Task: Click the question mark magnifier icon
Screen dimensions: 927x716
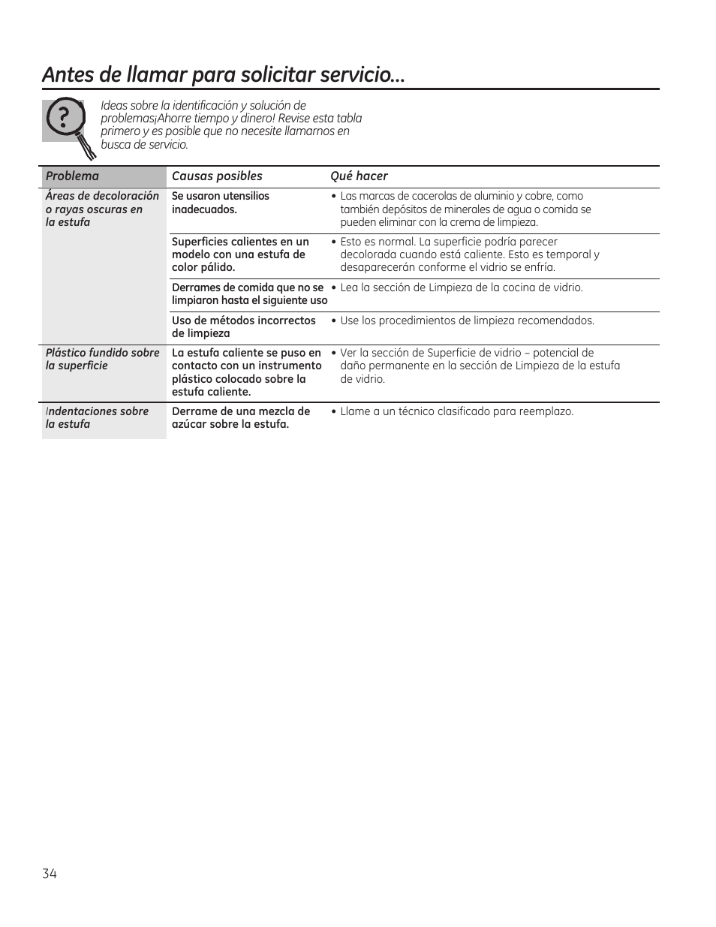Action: [x=68, y=124]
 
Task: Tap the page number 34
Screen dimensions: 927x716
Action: [x=50, y=873]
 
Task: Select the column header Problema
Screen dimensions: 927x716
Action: [x=72, y=176]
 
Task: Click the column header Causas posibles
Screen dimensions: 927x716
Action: [x=217, y=176]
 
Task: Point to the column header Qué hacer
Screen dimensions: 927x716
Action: [x=359, y=176]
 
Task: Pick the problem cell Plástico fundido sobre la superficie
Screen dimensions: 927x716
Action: [x=102, y=360]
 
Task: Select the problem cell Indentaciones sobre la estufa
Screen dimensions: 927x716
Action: [x=97, y=418]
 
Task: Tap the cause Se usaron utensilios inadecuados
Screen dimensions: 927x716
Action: [x=221, y=203]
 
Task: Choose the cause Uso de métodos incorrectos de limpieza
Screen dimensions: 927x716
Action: [x=244, y=327]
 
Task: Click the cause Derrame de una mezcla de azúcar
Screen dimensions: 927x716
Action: [x=241, y=418]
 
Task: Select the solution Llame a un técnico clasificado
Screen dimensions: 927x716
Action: [x=456, y=412]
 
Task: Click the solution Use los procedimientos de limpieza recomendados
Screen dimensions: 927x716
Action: [x=467, y=321]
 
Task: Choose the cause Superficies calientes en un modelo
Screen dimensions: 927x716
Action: [x=240, y=254]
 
